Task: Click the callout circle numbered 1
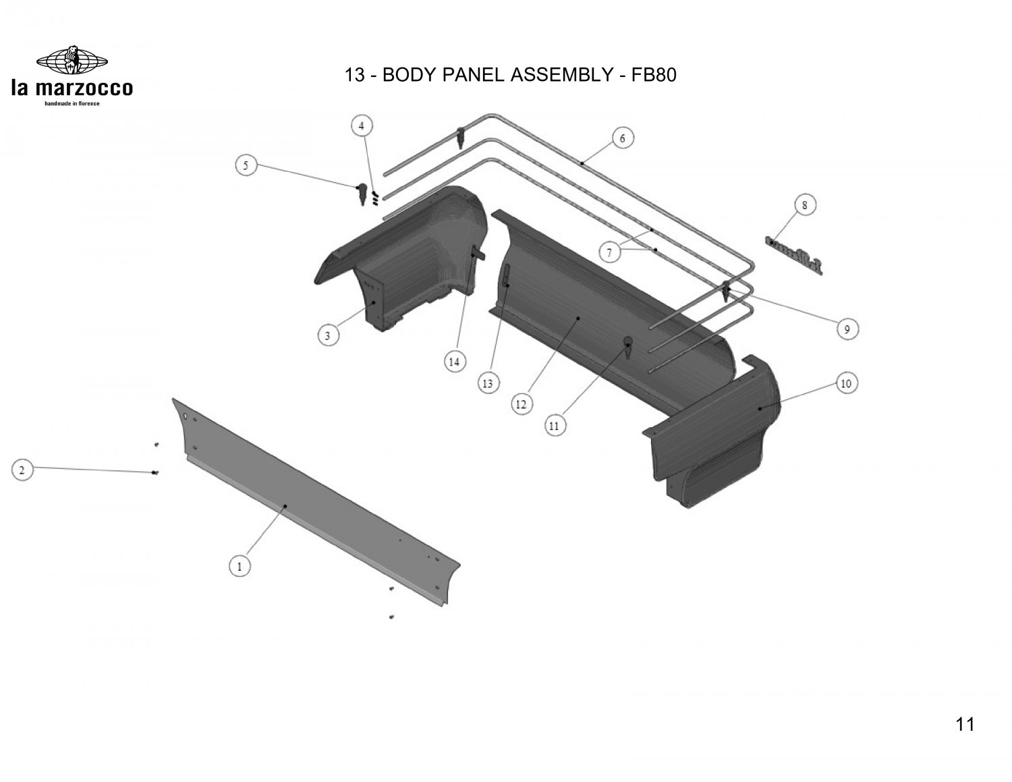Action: click(x=239, y=566)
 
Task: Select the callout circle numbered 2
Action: click(x=22, y=470)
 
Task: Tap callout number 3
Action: click(x=328, y=335)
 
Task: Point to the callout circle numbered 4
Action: click(x=362, y=125)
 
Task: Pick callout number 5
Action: click(x=246, y=165)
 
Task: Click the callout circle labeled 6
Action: click(x=622, y=139)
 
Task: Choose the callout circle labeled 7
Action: click(x=609, y=253)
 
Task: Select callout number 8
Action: click(x=805, y=204)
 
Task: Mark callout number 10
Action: click(x=845, y=383)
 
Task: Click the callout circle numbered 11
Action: click(x=554, y=426)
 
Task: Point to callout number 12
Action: click(x=521, y=404)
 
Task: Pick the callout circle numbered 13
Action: click(x=487, y=384)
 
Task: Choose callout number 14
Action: click(x=454, y=362)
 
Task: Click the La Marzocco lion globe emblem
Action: click(x=72, y=61)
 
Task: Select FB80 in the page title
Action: click(x=652, y=75)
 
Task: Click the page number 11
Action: click(x=965, y=725)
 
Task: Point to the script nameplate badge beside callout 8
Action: click(x=795, y=254)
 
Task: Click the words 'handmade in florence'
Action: click(x=72, y=103)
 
